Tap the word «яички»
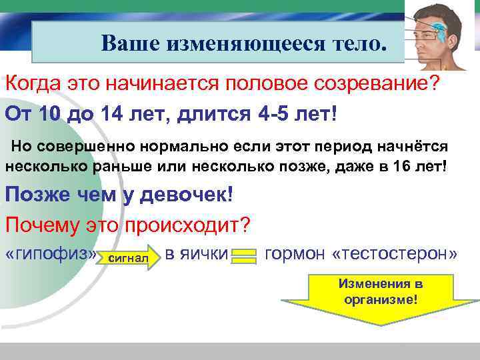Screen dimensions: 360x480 pos(206,254)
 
